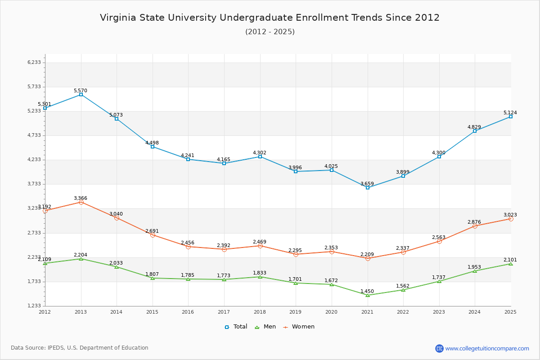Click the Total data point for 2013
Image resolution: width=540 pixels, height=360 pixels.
pos(81,94)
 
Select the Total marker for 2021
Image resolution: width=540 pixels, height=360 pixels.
pos(368,188)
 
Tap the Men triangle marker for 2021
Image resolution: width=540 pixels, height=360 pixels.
pos(368,295)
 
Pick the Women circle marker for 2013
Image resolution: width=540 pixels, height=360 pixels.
pos(81,202)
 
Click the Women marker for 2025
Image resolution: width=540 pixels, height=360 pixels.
pos(511,219)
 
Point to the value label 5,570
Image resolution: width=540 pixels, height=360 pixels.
pos(81,91)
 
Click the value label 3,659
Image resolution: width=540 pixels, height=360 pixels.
pos(367,184)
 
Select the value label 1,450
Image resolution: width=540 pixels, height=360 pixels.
pos(367,292)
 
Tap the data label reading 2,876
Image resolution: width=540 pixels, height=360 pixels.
pos(474,222)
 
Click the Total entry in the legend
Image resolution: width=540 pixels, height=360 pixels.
pos(236,327)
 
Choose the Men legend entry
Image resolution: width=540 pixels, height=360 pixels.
pos(265,327)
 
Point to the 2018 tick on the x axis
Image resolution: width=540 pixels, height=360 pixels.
pos(260,312)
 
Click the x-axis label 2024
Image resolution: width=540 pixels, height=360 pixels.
pos(475,312)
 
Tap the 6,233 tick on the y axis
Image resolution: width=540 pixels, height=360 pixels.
pos(34,62)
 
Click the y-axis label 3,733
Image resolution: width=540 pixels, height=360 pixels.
pos(34,184)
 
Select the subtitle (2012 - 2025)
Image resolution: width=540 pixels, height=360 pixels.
pos(270,31)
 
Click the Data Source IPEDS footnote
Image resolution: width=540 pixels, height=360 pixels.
pos(80,348)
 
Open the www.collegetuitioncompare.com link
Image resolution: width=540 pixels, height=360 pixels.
pos(487,348)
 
